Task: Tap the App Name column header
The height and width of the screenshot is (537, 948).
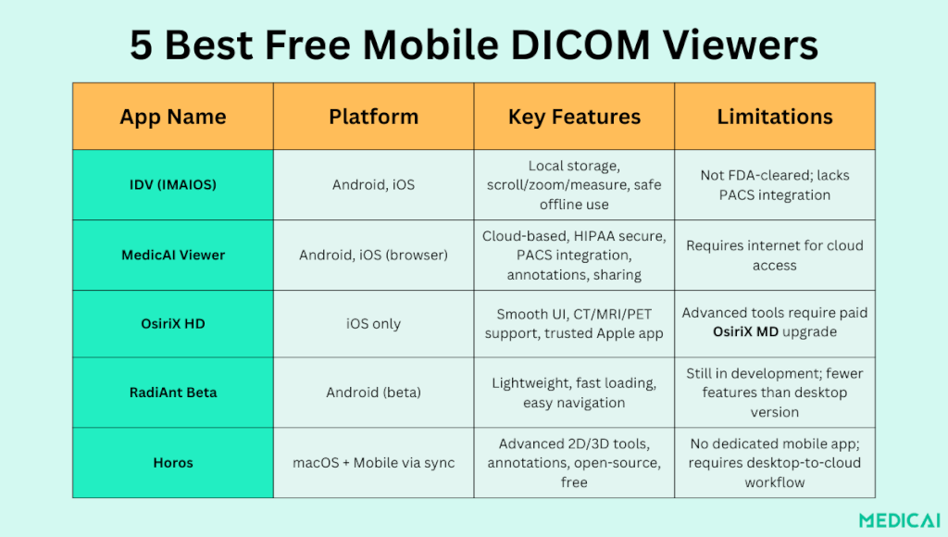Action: [x=173, y=117]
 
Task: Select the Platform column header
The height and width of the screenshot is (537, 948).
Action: [x=374, y=117]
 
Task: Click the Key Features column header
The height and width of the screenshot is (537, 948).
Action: [x=574, y=117]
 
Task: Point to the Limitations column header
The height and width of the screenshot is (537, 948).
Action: [x=775, y=117]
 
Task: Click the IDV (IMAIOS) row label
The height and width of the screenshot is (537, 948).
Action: [x=173, y=184]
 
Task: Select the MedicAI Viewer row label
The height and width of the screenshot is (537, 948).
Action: [x=173, y=256]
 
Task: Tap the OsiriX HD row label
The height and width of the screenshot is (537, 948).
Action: [x=173, y=323]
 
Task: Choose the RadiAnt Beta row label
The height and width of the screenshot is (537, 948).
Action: [x=173, y=393]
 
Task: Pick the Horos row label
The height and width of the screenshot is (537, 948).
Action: [x=173, y=463]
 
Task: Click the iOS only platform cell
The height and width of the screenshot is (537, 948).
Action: [x=374, y=323]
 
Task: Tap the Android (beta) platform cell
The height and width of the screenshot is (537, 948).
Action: [x=374, y=393]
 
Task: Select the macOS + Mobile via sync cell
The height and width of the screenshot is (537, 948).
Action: [x=374, y=463]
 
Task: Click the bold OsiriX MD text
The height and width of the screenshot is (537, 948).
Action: [x=745, y=332]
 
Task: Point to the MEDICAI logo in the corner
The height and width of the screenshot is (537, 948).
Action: [x=900, y=520]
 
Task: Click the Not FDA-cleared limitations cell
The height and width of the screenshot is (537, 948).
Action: [x=775, y=185]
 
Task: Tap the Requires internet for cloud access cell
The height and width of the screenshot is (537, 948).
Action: [x=775, y=256]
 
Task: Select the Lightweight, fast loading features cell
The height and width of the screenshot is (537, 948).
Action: [x=574, y=393]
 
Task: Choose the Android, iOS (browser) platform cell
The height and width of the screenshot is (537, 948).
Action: [x=374, y=256]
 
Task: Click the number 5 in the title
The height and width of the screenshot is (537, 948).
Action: [x=141, y=45]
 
